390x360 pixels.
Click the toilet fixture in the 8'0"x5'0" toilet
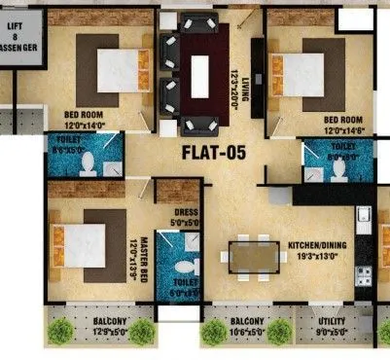(x=86, y=162)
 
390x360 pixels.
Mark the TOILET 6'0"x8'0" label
(x=186, y=286)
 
